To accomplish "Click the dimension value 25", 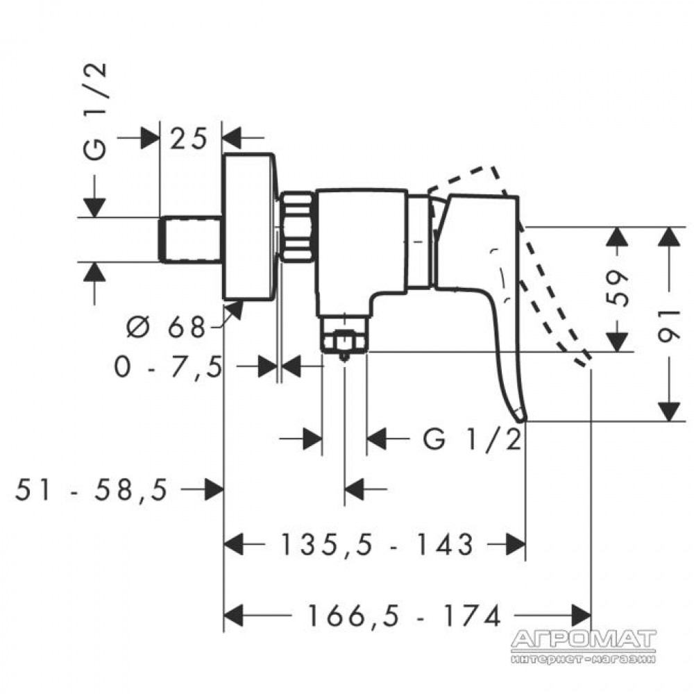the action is click(189, 138).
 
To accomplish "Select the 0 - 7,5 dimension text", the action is click(168, 367).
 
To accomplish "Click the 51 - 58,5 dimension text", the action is click(92, 490).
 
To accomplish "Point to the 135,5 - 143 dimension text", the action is click(377, 544).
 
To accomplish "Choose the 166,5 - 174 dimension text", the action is click(403, 616).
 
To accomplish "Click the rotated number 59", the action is click(618, 288).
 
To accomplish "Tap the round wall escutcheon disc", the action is click(250, 227).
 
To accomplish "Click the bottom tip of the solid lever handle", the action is click(521, 420).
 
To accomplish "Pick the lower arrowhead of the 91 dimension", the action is click(669, 411).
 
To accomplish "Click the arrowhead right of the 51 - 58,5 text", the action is click(214, 489).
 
